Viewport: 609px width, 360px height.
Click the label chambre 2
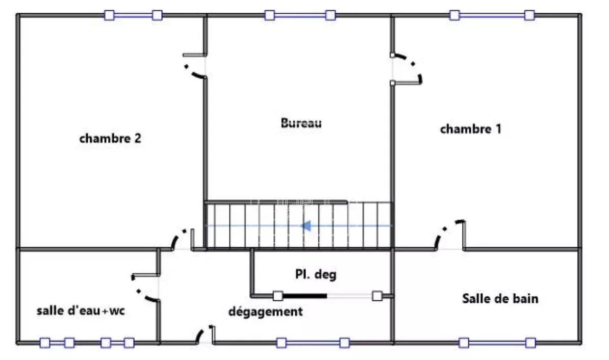(110, 138)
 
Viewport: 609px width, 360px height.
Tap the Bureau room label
(301, 123)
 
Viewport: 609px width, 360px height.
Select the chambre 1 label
(471, 128)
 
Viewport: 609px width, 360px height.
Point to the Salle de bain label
(500, 298)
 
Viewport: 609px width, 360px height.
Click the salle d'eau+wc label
(81, 311)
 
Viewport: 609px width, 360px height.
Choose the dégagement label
(266, 312)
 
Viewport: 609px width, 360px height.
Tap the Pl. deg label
(316, 274)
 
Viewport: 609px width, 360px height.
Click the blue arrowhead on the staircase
(307, 225)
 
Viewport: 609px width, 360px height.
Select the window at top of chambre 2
(133, 15)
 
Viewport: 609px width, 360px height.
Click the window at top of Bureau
(300, 15)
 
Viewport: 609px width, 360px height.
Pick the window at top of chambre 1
(492, 15)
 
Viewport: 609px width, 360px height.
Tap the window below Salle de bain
(497, 343)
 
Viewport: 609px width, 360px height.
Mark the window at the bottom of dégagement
(313, 343)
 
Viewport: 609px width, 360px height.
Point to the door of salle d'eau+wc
(146, 288)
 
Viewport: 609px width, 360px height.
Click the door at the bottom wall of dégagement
(206, 335)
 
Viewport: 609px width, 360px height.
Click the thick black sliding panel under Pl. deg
(304, 296)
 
